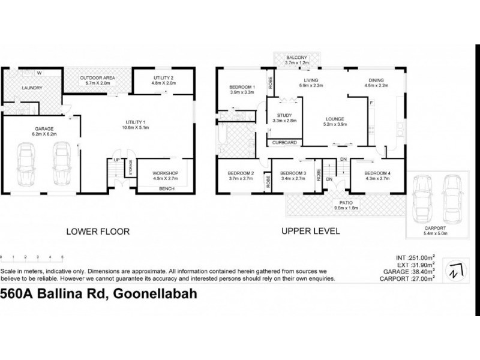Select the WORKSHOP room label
tap(166, 173)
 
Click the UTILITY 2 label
tap(163, 79)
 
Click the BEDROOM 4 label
tap(378, 173)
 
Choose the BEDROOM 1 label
tap(242, 88)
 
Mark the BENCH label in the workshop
tap(166, 188)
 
